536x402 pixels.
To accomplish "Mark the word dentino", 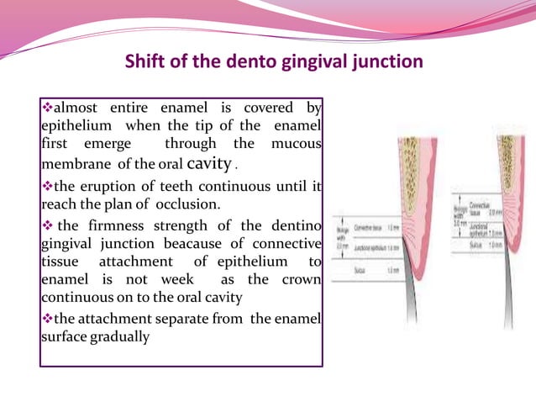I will pos(297,226).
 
